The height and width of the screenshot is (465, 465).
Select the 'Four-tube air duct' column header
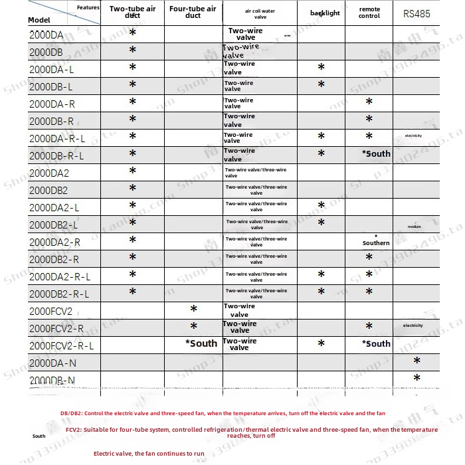pyautogui.click(x=193, y=12)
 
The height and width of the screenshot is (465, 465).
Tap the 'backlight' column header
pyautogui.click(x=324, y=13)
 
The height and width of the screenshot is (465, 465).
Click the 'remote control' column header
pyautogui.click(x=369, y=13)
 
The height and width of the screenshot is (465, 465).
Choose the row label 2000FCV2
pyautogui.click(x=50, y=311)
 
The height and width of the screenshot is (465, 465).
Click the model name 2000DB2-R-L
pyautogui.click(x=59, y=294)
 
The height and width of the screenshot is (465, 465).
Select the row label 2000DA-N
pyautogui.click(x=53, y=363)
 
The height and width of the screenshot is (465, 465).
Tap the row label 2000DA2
pyautogui.click(x=49, y=173)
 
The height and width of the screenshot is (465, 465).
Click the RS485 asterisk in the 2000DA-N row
pyautogui.click(x=417, y=361)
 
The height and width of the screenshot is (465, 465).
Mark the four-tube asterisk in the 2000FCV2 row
pyautogui.click(x=193, y=310)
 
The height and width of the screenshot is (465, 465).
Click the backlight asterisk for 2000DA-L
pyautogui.click(x=321, y=68)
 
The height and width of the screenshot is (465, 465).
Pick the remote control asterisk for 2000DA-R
pyautogui.click(x=369, y=102)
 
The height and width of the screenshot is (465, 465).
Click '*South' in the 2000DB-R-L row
pyautogui.click(x=376, y=153)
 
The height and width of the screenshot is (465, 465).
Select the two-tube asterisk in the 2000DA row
pyautogui.click(x=132, y=33)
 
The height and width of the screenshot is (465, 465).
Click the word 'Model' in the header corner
pyautogui.click(x=39, y=20)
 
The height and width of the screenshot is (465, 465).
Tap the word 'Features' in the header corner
pyautogui.click(x=88, y=7)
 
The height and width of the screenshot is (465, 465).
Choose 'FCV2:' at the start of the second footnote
pyautogui.click(x=74, y=430)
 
